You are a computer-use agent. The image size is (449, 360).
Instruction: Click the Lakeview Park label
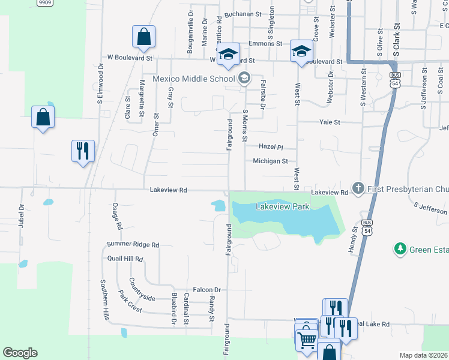(282, 207)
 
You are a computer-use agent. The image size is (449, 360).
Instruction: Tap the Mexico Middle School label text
(193, 79)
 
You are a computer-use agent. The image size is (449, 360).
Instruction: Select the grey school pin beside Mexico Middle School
(244, 78)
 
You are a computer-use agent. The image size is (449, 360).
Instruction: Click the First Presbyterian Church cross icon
(358, 188)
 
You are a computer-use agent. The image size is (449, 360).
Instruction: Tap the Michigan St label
(271, 161)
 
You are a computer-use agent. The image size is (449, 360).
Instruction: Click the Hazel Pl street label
(270, 147)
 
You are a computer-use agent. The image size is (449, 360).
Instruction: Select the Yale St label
(330, 122)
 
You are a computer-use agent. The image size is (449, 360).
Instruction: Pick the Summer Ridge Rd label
(133, 245)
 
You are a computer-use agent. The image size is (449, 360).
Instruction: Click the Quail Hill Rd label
(125, 259)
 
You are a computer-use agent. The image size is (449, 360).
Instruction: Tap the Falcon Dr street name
(207, 289)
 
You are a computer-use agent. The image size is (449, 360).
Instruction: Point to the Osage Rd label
(117, 217)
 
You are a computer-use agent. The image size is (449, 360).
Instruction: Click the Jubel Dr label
(21, 215)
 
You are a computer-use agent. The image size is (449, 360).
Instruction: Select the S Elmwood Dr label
(101, 88)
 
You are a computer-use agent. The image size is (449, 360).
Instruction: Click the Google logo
(20, 353)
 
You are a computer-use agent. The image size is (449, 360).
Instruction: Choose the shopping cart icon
(307, 340)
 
